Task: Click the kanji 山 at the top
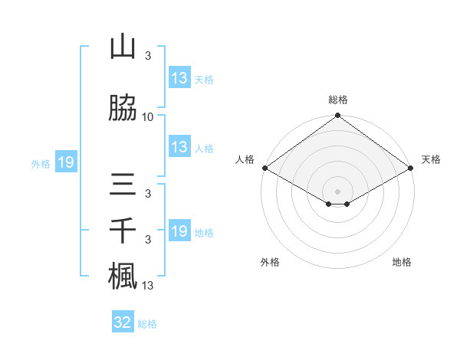(123, 47)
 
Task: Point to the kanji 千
(123, 231)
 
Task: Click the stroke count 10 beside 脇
(148, 117)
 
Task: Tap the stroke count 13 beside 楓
(148, 286)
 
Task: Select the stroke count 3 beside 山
(148, 57)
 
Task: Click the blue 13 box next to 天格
(179, 78)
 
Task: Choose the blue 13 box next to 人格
(179, 147)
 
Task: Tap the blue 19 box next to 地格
(179, 231)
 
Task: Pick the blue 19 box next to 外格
(65, 162)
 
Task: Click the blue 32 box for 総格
(122, 322)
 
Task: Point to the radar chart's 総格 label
(337, 100)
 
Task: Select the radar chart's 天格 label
(431, 159)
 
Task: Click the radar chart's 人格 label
(245, 159)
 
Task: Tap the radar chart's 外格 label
(270, 262)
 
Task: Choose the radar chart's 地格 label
(402, 262)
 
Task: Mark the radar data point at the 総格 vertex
(337, 116)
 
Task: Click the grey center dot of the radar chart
(337, 191)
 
